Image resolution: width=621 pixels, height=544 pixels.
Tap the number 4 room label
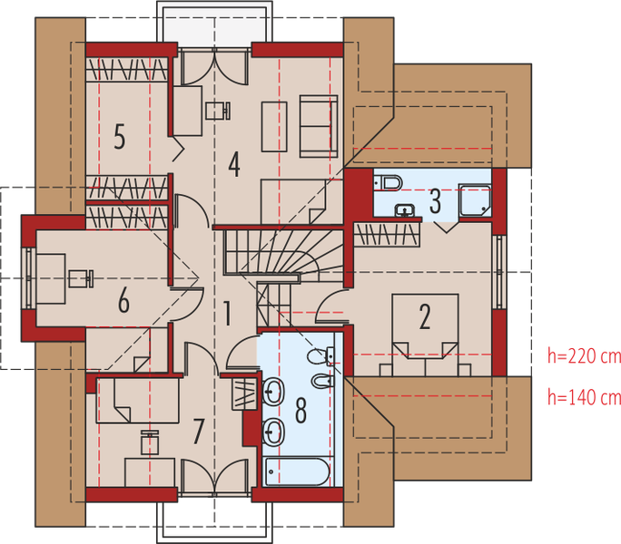point(234,164)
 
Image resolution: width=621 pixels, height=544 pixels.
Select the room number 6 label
point(123,299)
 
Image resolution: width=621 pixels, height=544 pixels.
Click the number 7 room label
point(198,432)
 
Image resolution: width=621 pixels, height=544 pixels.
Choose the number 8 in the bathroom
point(301,408)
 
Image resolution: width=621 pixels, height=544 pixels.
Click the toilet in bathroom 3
point(388,183)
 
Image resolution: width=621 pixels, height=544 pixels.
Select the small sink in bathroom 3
point(406,211)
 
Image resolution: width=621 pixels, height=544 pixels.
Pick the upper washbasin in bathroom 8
point(273,393)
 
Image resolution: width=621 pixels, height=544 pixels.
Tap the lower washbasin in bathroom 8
point(273,432)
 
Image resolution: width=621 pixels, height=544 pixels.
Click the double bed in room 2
point(424,325)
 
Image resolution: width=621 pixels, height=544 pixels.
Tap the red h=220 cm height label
point(582,356)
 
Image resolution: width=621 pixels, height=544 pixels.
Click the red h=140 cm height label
point(582,396)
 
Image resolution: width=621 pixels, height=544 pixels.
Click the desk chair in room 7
point(151,442)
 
